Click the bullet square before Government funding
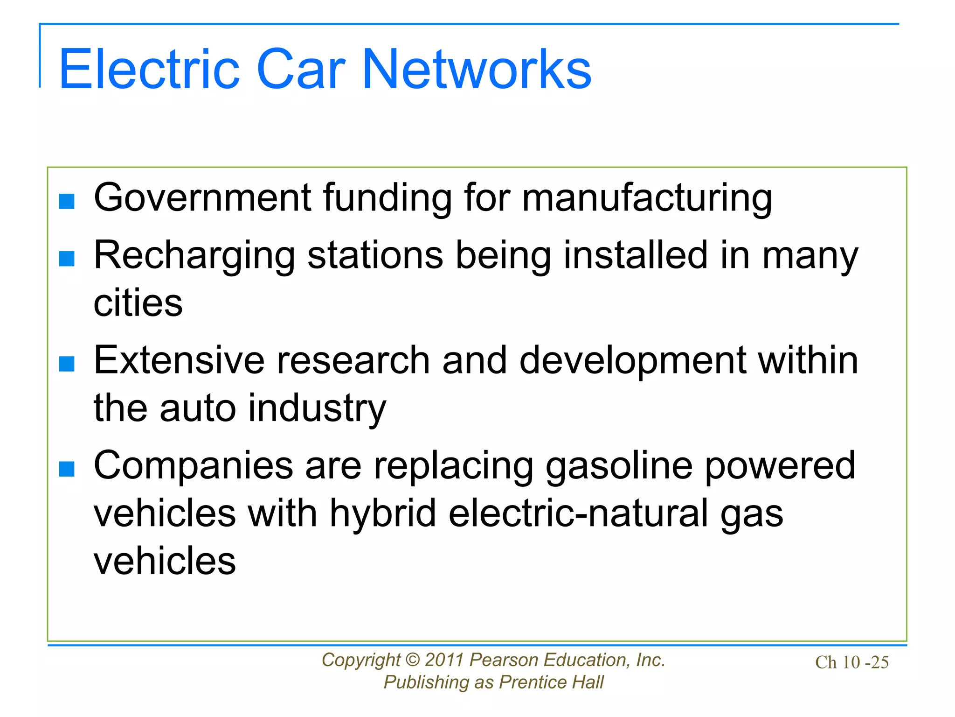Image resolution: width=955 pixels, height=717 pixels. coord(67,201)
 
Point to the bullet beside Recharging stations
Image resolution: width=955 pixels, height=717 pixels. coord(67,258)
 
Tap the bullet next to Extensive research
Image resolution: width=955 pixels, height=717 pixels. coord(67,364)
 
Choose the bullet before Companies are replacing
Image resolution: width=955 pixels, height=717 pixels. coord(67,469)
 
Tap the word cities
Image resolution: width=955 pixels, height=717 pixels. coord(138,303)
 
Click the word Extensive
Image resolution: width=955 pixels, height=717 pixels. coord(179,360)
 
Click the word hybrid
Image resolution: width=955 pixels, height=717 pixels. coord(383,513)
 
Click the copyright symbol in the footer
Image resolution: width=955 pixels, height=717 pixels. coord(413,660)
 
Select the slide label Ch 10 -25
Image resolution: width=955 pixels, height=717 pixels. coord(851,662)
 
